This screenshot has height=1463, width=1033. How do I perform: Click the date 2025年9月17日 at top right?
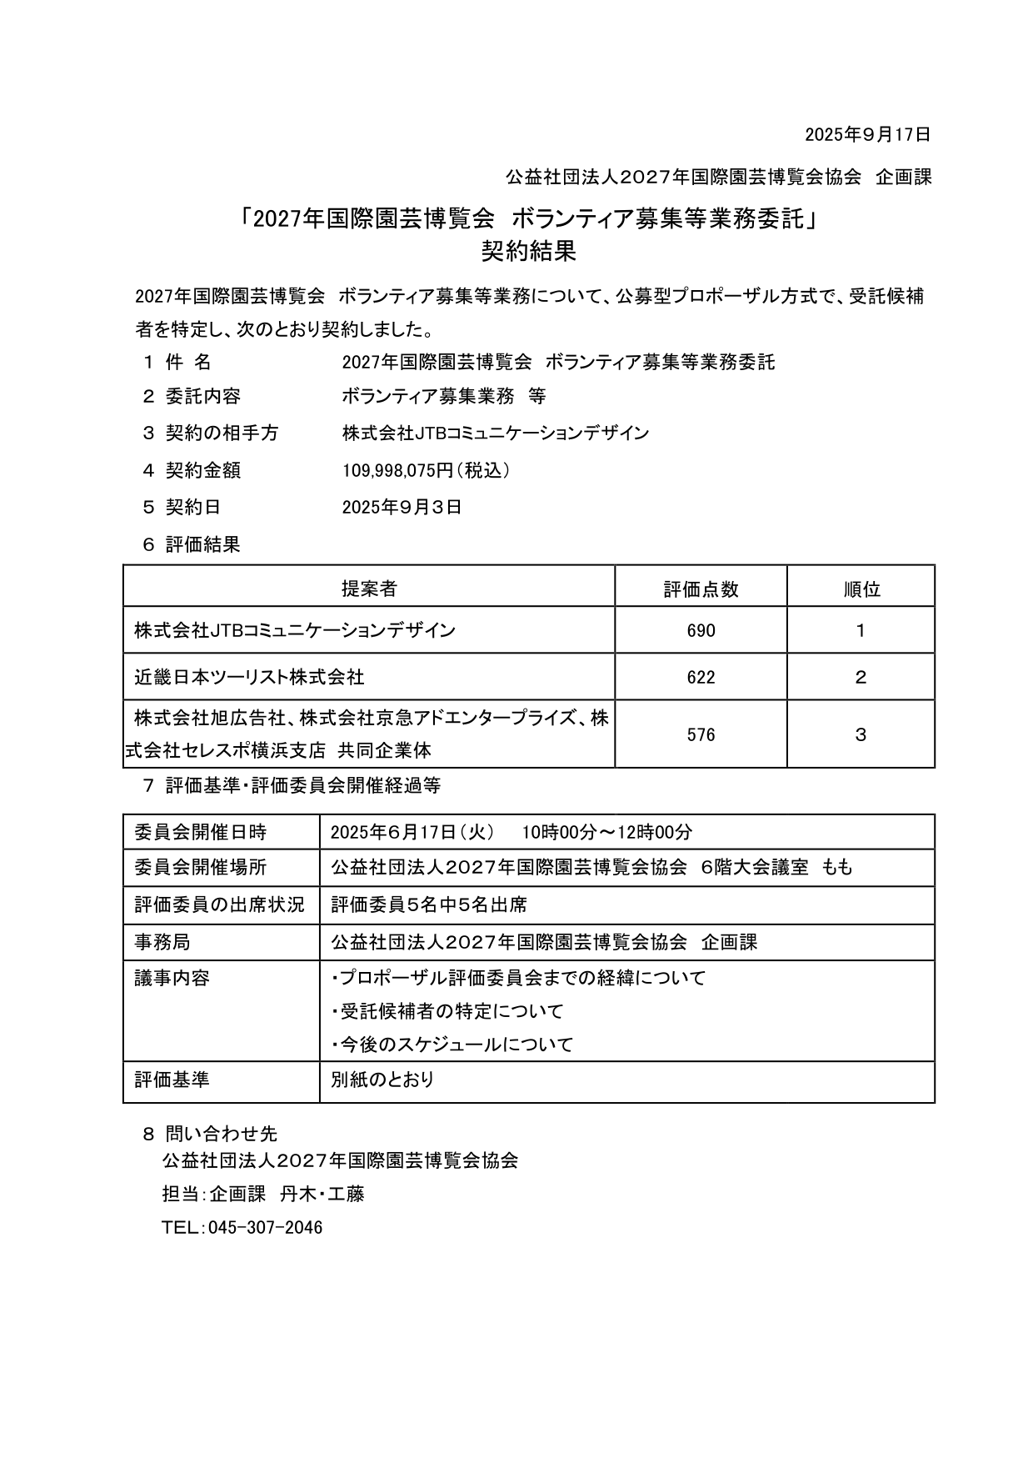pos(866,134)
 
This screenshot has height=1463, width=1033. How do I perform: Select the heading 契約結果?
pos(528,251)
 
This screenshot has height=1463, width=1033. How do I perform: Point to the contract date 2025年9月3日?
pos(402,508)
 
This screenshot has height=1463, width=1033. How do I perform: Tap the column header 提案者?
pos(369,589)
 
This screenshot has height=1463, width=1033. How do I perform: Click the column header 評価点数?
pos(701,589)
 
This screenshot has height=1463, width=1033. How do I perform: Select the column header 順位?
pos(861,589)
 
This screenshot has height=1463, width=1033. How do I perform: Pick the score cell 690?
pos(701,631)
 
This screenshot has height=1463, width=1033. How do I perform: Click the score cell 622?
pos(701,678)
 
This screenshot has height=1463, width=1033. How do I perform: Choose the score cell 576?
pos(701,735)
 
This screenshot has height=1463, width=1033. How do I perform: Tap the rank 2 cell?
pos(861,678)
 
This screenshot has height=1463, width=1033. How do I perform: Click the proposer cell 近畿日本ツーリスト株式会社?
pos(249,678)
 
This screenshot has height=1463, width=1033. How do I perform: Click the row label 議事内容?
pos(172,978)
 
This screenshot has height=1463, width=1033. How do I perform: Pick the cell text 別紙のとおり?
pos(382,1080)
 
